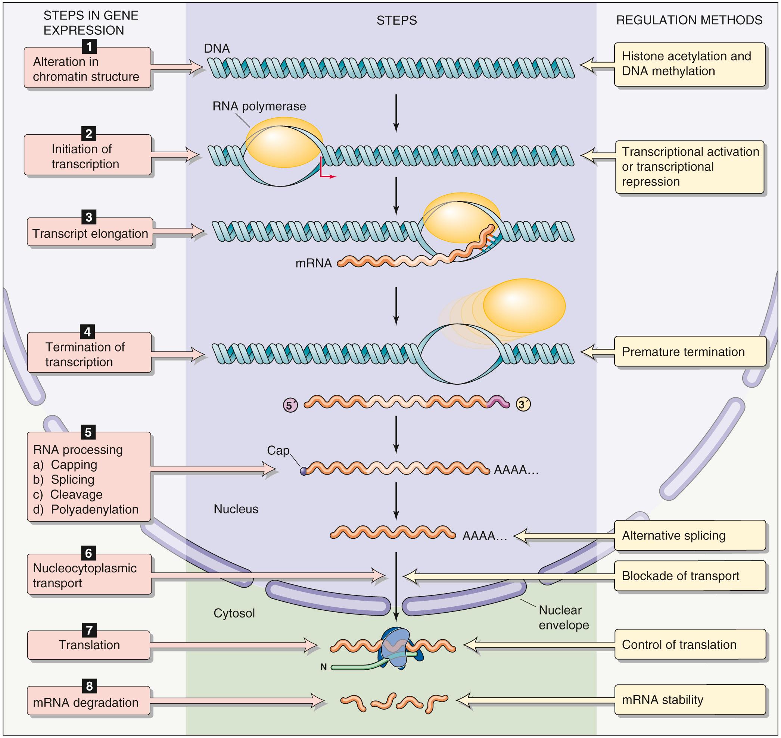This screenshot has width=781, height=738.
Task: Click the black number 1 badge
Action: coord(89,46)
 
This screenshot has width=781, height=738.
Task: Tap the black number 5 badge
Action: coord(88,432)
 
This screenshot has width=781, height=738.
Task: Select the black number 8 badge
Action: coord(89,686)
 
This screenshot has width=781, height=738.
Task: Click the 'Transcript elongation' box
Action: coord(90,233)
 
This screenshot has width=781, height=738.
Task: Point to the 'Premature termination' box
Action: coord(690,352)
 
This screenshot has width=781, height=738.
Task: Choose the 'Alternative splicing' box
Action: coord(690,535)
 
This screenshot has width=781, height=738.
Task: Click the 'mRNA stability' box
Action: coord(690,700)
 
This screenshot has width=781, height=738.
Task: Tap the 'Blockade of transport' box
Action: coord(690,576)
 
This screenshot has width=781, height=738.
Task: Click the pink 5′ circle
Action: coord(290,405)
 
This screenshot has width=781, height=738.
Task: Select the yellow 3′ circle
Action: coord(523,404)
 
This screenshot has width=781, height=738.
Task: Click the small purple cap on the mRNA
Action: coord(303,471)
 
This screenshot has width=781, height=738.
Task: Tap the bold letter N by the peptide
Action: coord(324,667)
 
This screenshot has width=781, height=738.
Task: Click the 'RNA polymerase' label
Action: coord(259,106)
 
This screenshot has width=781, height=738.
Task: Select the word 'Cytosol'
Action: coord(234,613)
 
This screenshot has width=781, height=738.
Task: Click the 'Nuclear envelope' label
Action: coord(564,617)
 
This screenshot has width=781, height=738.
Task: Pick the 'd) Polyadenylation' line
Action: coord(86,509)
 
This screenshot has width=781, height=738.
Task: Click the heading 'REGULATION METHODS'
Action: coord(689,20)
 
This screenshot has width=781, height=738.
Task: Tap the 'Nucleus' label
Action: coord(236,509)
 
